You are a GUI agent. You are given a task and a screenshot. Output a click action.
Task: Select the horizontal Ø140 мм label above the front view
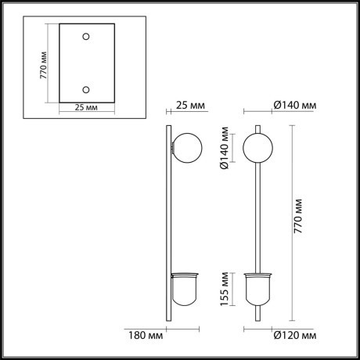tap(294, 105)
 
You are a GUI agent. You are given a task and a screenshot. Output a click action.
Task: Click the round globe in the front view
tap(259, 148)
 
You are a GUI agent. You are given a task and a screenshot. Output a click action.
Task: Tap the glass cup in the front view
tap(259, 289)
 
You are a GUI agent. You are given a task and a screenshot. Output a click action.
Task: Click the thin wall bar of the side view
tap(167, 227)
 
